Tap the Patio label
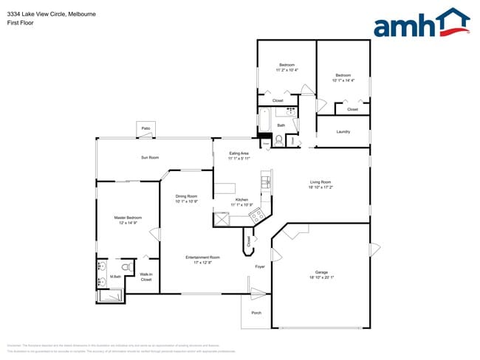pyautogui.click(x=145, y=128)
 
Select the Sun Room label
pyautogui.click(x=150, y=158)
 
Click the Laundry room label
pyautogui.click(x=343, y=132)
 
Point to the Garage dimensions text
pyautogui.click(x=320, y=277)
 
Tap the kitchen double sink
pyautogui.click(x=266, y=179)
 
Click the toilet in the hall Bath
pyautogui.click(x=278, y=140)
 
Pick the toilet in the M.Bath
pyautogui.click(x=126, y=266)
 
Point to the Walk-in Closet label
pyautogui.click(x=146, y=277)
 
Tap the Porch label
pyautogui.click(x=256, y=312)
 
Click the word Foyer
pyautogui.click(x=260, y=266)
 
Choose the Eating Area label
pyautogui.click(x=239, y=153)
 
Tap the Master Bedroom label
pyautogui.click(x=127, y=218)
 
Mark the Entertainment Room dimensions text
pyautogui.click(x=202, y=262)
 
